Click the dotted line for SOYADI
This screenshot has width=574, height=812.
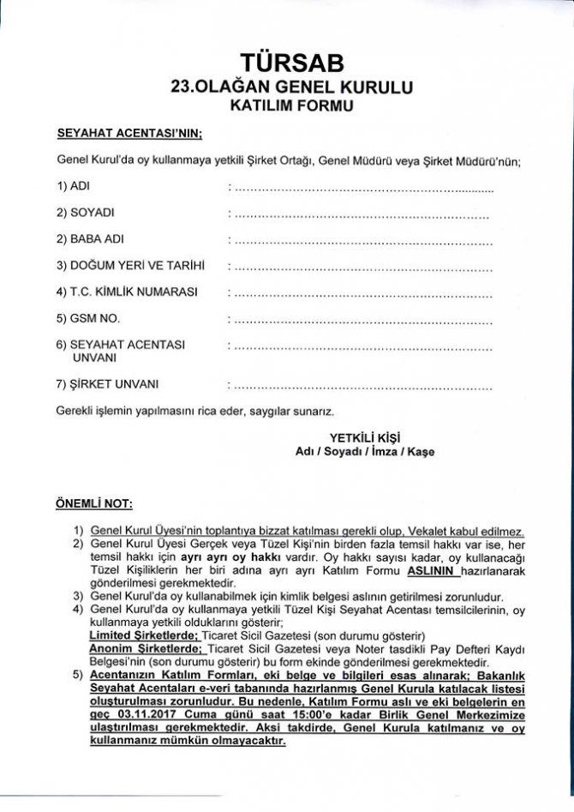coord(364,212)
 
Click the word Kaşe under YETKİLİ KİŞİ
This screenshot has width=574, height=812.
coord(421,451)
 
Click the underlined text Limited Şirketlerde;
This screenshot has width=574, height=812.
coord(144,635)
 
